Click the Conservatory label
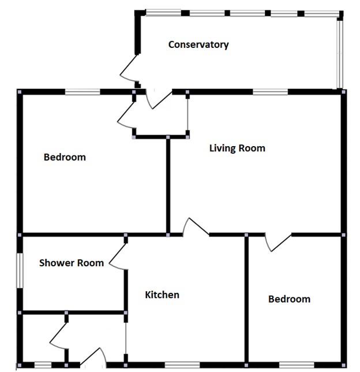[x=198, y=44]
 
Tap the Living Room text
[x=237, y=148]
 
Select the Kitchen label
[x=162, y=295]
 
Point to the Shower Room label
[x=72, y=263]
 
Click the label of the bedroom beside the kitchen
[x=289, y=299]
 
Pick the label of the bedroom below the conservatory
[x=65, y=157]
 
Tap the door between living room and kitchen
[x=196, y=227]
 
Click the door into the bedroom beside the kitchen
[x=279, y=243]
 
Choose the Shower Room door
[x=118, y=256]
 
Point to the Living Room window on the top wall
[x=270, y=91]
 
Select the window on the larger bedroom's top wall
[x=82, y=91]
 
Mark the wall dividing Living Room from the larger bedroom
[x=168, y=185]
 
